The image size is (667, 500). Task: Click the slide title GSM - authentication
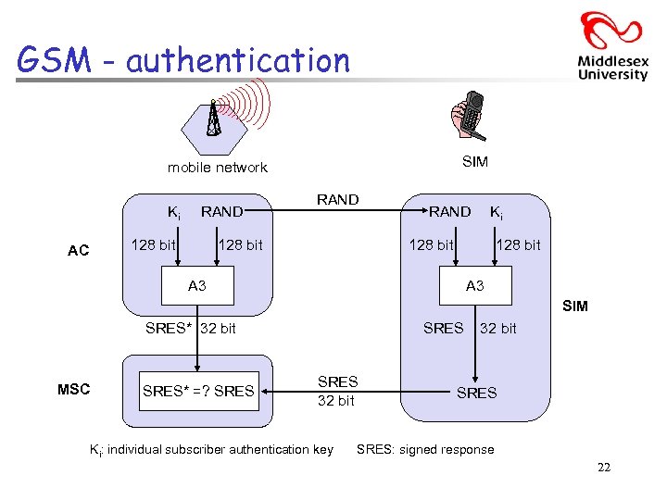183,61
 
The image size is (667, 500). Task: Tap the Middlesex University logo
611,46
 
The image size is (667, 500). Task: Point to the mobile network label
217,168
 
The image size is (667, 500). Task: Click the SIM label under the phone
474,162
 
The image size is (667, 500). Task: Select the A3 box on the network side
197,286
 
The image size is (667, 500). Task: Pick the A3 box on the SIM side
474,286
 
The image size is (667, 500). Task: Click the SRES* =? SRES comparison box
198,391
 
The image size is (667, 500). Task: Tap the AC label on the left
79,250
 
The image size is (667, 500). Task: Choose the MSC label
74,389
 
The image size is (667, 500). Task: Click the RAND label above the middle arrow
337,199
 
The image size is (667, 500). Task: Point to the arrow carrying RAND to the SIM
338,212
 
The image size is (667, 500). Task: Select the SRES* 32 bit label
191,328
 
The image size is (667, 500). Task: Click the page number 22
603,468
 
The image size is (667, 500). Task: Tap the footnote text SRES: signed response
425,449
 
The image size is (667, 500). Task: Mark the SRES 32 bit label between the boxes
337,391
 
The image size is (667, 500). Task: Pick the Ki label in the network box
172,212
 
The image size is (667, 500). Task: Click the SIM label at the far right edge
574,306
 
